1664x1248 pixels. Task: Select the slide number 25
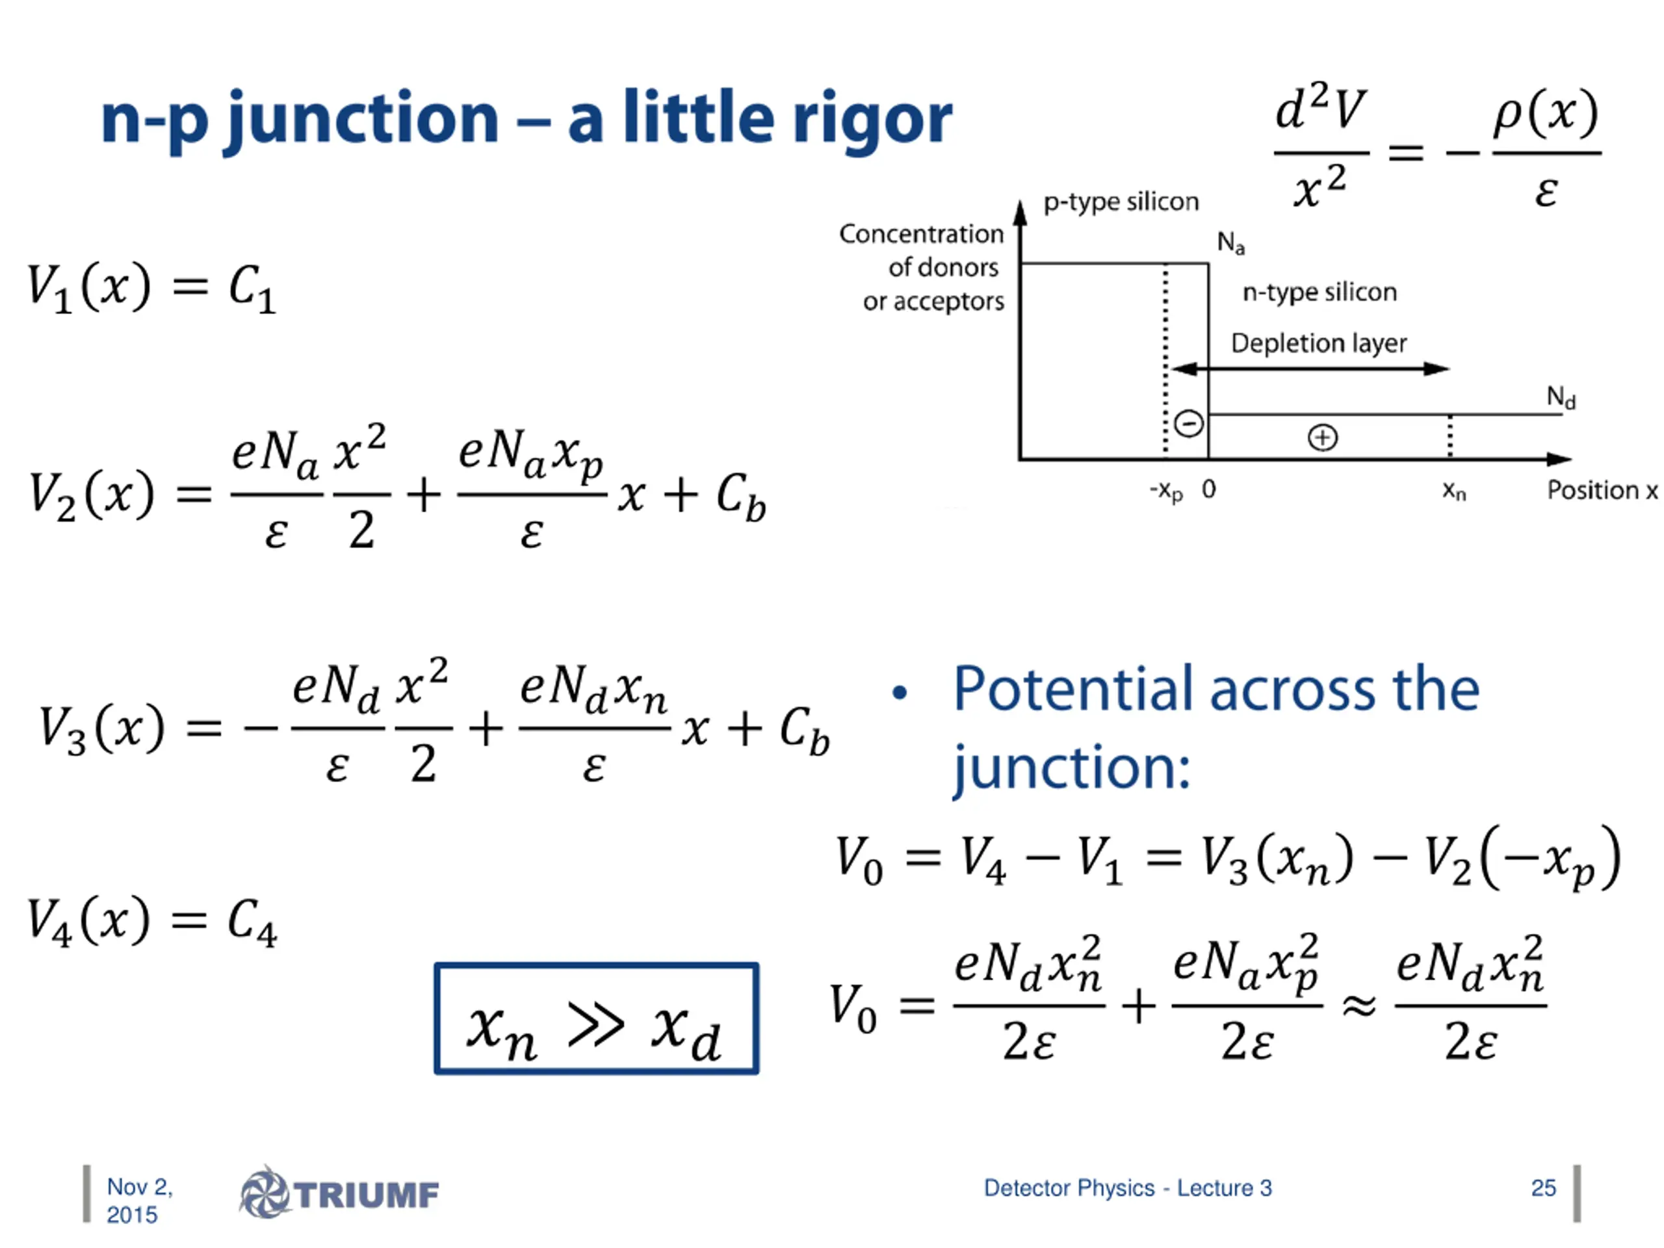1543,1188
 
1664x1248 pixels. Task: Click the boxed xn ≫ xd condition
596,1019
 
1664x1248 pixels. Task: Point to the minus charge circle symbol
1189,424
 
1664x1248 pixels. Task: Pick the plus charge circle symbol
1323,437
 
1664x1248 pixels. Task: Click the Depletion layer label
1318,343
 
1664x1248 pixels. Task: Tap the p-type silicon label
1121,201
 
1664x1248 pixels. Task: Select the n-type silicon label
1319,292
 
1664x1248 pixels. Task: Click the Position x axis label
1602,491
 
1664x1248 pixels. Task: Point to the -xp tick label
1166,491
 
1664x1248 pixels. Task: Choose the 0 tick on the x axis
1209,489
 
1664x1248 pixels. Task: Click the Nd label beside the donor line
1561,396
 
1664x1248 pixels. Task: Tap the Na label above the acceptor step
1230,242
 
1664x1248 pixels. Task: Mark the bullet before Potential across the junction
900,693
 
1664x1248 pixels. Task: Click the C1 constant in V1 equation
252,288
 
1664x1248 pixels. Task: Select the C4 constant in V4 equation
252,922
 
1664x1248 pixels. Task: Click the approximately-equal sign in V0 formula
1359,1004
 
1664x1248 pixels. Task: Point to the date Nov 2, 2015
139,1201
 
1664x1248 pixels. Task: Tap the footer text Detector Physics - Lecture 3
1128,1188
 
